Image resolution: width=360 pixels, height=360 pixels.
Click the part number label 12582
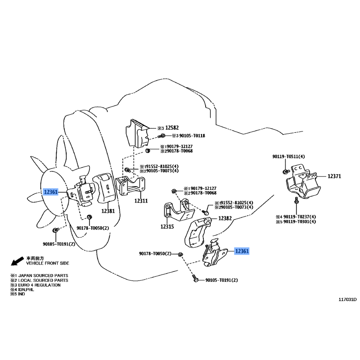172,128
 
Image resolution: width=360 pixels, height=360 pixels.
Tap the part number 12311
141,201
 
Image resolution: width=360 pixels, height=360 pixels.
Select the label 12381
108,211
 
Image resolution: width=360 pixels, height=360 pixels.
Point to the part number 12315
167,227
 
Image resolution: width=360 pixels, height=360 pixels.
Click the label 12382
225,218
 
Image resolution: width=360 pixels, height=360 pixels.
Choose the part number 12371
334,176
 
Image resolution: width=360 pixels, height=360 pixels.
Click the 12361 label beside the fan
51,192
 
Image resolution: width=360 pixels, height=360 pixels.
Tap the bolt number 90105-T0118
192,136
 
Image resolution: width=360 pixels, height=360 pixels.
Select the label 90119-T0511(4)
288,157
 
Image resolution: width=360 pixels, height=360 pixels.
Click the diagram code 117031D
347,299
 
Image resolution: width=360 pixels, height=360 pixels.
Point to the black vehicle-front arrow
17,261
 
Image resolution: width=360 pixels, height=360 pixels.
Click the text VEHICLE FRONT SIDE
48,263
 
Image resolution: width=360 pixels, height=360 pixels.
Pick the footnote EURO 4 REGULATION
39,285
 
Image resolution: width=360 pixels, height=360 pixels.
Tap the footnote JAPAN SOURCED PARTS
43,275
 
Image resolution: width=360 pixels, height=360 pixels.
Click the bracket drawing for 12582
137,133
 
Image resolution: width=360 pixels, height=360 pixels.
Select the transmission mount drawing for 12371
303,184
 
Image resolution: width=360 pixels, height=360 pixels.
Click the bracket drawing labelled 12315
179,210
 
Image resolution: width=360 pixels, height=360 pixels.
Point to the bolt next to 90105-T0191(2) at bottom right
196,279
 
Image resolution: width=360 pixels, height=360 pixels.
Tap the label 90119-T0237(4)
300,217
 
